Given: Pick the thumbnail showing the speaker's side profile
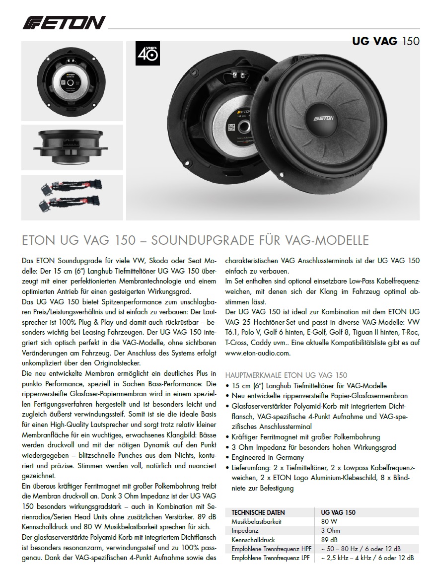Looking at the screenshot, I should [x=72, y=147].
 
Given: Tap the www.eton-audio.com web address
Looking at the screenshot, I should [x=257, y=354].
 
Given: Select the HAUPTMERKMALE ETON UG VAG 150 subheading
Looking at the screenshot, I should [x=287, y=375].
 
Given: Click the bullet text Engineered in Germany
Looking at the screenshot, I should [x=268, y=457].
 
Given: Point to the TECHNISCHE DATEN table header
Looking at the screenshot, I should [x=258, y=512].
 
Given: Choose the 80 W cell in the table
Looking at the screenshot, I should [x=329, y=521].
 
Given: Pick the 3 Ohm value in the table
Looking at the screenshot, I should [x=330, y=530].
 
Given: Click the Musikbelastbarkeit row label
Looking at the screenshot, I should [x=257, y=521].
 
